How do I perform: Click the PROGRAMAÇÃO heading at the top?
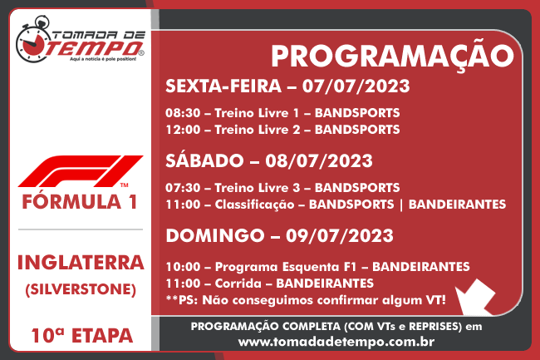pos(392,57)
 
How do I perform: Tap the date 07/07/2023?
pos(356,86)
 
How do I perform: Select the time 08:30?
pos(183,113)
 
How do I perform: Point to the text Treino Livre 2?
pos(257,130)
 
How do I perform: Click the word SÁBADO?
pos(204,160)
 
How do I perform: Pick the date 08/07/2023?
pos(319,161)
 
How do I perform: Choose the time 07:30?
pos(183,188)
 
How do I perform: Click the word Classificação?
pos(254,205)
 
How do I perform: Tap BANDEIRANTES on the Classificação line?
pos(457,205)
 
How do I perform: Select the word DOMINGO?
pos(215,235)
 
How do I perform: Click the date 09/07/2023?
pos(340,235)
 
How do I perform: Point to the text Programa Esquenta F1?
pos(285,267)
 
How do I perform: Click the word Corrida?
pos(238,284)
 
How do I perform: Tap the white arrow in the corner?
pos(476,297)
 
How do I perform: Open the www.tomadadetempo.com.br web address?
pos(336,342)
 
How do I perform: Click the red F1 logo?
pos(81,171)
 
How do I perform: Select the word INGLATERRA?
pos(81,263)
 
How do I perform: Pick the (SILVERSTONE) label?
pos(81,289)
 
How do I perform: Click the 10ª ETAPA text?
pos(82,336)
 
